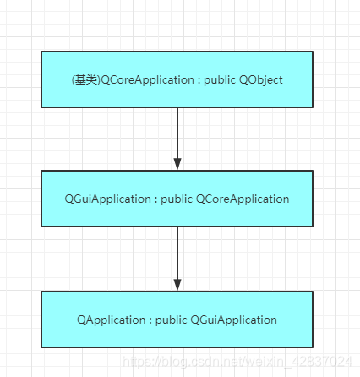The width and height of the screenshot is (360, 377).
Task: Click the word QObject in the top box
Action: (x=260, y=80)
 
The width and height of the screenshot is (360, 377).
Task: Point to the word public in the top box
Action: (x=220, y=80)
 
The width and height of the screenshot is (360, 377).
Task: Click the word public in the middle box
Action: (x=177, y=199)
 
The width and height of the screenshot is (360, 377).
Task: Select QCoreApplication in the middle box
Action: (x=243, y=199)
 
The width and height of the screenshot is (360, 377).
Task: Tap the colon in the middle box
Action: (x=154, y=199)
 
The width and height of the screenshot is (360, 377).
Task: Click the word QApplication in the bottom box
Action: (x=108, y=320)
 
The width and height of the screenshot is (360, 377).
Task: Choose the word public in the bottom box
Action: (x=171, y=320)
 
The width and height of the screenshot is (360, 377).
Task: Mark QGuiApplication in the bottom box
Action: (x=234, y=320)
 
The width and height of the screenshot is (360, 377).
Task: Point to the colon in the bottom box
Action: (x=146, y=320)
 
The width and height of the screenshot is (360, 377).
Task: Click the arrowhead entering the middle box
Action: (x=177, y=164)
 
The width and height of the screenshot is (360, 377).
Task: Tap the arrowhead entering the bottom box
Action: (x=177, y=285)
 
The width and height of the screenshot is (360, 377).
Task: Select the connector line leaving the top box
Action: (x=177, y=131)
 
